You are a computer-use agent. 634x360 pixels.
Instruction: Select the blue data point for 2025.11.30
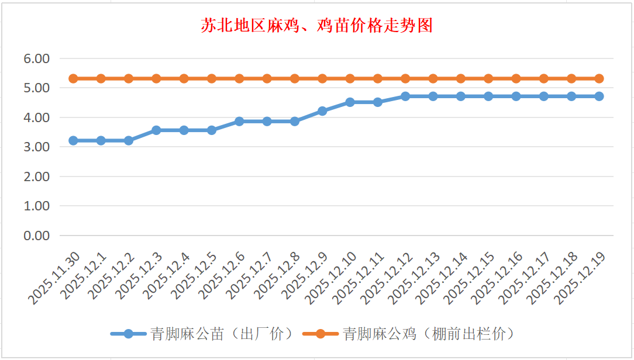pos(73,140)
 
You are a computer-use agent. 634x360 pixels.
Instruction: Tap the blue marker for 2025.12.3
pos(156,130)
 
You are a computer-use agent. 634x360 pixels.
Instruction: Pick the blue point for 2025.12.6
pos(239,121)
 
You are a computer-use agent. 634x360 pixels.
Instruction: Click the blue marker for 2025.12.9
pos(322,110)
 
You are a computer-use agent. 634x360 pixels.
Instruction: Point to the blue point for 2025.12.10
pos(350,102)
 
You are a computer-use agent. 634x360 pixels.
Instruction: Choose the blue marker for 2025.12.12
pos(405,96)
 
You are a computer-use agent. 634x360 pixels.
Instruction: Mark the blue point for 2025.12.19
pos(599,96)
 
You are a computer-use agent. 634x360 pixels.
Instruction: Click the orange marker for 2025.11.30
pos(73,78)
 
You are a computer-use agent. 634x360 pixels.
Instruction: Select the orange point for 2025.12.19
pos(599,78)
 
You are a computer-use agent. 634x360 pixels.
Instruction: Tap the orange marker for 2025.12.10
pos(350,78)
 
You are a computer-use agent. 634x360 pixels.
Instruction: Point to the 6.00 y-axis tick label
pos(37,58)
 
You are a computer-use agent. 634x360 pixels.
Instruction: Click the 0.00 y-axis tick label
pos(37,236)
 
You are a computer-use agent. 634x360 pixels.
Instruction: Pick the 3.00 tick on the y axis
pos(37,147)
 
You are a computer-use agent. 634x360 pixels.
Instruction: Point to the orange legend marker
pos(320,334)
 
